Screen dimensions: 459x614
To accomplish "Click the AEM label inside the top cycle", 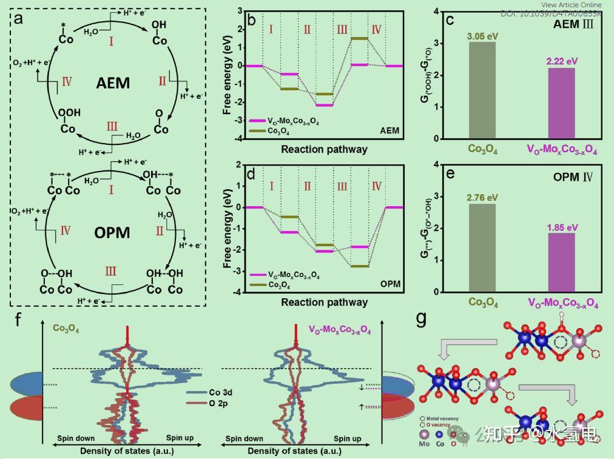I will point(113,82).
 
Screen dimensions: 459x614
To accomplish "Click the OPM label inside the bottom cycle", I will point(113,233).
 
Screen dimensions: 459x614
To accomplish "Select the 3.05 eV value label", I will point(482,36).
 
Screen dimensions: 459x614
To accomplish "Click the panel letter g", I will point(421,319).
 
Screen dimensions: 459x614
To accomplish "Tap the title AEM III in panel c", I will point(577,25).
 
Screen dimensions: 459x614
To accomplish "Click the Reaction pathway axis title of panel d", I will point(324,302).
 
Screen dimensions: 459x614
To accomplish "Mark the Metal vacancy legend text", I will point(442,418).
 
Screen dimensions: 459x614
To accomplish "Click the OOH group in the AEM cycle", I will point(67,118).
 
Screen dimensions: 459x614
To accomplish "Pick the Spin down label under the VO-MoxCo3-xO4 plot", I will point(244,438).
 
